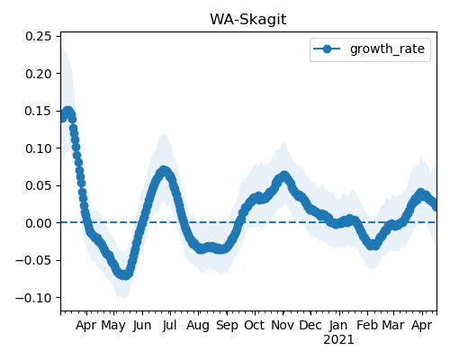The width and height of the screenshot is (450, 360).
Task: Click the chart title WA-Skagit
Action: pyautogui.click(x=248, y=20)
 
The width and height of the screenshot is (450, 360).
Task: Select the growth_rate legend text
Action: pyautogui.click(x=387, y=49)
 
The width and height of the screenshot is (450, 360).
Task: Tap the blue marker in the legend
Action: pyautogui.click(x=327, y=49)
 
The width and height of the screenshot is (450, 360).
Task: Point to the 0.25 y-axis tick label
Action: pyautogui.click(x=39, y=36)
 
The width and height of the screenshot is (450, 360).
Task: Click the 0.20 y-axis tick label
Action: pyautogui.click(x=39, y=74)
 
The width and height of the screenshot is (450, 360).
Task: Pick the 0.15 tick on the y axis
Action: pyautogui.click(x=39, y=111)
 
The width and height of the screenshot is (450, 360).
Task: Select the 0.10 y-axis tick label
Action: pyautogui.click(x=39, y=148)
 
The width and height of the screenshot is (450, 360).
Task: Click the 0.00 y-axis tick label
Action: pyautogui.click(x=39, y=223)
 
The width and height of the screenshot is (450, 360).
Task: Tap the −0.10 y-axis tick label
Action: pyautogui.click(x=34, y=298)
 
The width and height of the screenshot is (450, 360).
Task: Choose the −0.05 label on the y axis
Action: pyautogui.click(x=34, y=260)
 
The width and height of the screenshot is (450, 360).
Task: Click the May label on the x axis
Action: pyautogui.click(x=113, y=326)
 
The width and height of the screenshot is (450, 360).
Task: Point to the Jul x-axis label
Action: pyautogui.click(x=170, y=325)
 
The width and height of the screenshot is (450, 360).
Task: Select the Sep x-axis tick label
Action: pyautogui.click(x=227, y=326)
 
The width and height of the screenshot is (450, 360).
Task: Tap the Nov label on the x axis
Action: pyautogui.click(x=283, y=325)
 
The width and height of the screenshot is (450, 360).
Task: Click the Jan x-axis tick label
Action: pyautogui.click(x=338, y=325)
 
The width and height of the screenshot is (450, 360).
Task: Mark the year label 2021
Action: pyautogui.click(x=338, y=340)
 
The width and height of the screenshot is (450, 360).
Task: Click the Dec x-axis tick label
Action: pyautogui.click(x=310, y=325)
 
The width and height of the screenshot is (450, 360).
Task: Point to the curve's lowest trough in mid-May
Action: pyautogui.click(x=124, y=274)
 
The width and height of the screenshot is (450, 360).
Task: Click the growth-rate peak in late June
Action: pyautogui.click(x=163, y=171)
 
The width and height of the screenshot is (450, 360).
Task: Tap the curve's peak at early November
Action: pyautogui.click(x=283, y=176)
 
